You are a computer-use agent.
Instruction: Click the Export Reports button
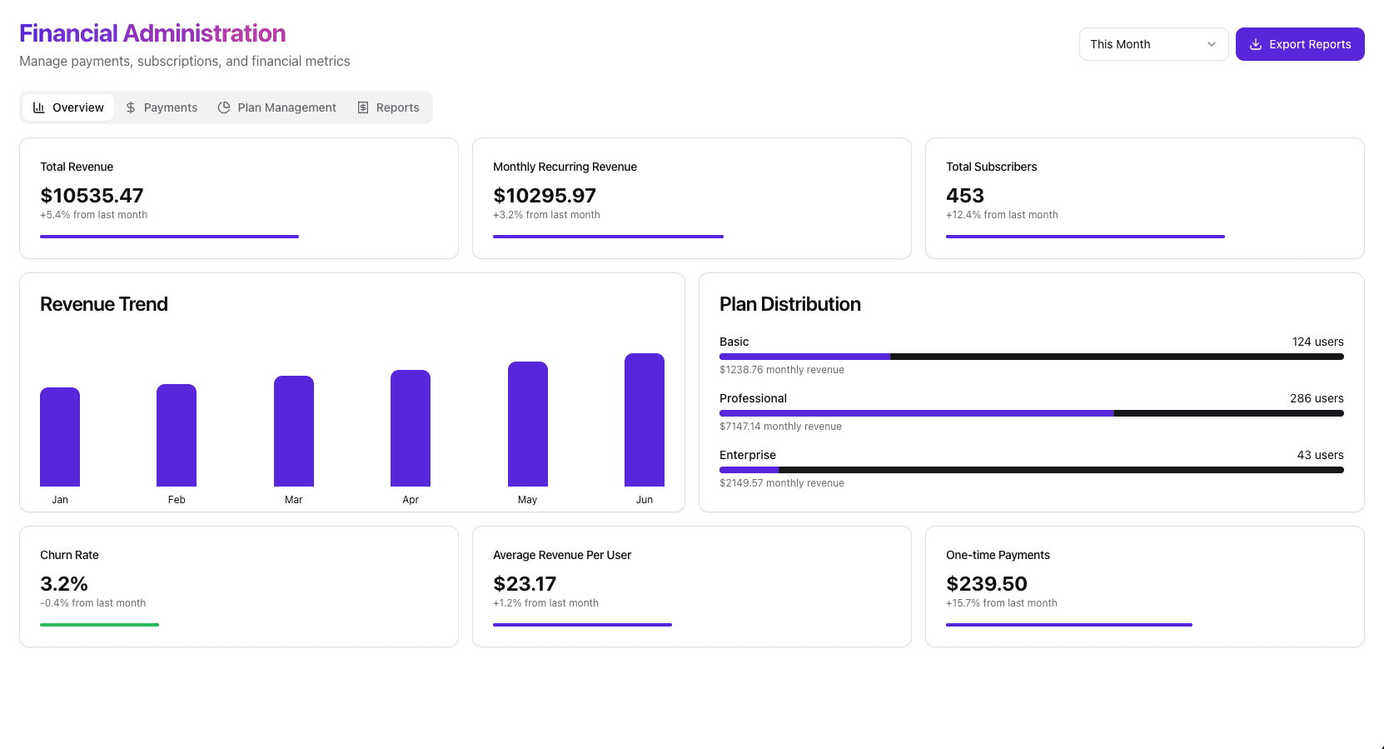tap(1299, 44)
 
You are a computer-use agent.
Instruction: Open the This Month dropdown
tap(1153, 44)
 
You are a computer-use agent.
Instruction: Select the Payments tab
tap(162, 107)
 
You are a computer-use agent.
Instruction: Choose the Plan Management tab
tap(277, 107)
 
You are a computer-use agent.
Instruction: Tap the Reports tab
tap(388, 107)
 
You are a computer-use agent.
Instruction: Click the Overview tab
tap(68, 107)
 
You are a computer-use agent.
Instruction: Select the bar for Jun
tap(644, 420)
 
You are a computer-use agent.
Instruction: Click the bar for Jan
tap(60, 437)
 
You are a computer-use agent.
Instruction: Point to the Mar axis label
tap(293, 500)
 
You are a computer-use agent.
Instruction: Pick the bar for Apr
tap(411, 428)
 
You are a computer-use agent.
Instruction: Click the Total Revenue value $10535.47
tap(92, 196)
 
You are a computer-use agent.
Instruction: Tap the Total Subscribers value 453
tap(964, 196)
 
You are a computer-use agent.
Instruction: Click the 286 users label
tap(1316, 398)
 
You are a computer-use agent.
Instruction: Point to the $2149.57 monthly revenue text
tap(781, 483)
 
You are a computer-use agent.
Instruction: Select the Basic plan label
tap(734, 342)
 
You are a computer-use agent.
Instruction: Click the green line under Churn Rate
tap(99, 625)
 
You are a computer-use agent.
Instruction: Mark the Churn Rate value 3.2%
tap(64, 584)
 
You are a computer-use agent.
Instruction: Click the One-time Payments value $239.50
tap(986, 584)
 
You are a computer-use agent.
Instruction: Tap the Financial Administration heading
tap(152, 33)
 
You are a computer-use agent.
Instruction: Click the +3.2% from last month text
tap(546, 215)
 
